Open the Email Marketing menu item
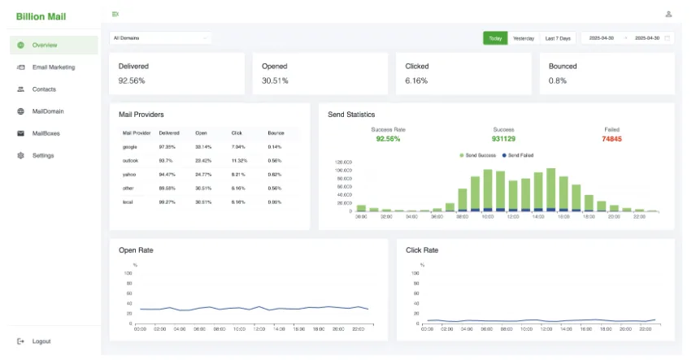53,67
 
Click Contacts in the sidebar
43,89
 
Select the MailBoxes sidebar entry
46,133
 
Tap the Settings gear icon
20,155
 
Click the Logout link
41,341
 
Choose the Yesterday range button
524,38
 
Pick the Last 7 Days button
558,38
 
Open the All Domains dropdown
160,37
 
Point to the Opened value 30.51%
275,80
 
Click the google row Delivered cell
168,147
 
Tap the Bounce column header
276,132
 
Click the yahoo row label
130,175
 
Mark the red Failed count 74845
611,139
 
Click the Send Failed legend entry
518,154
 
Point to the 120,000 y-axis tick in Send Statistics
343,162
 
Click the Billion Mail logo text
41,16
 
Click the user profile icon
668,14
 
